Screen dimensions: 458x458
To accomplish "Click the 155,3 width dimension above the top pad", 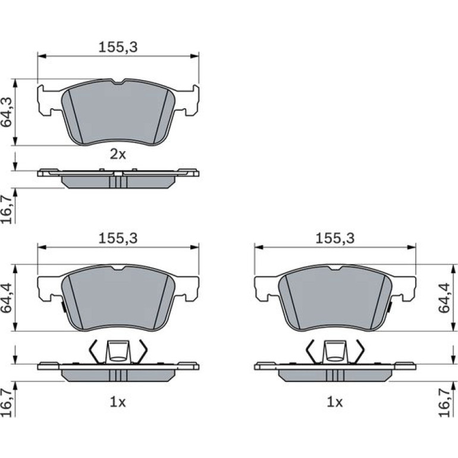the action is pyautogui.click(x=118, y=47).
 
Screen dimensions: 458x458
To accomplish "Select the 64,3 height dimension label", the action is pyautogui.click(x=7, y=112).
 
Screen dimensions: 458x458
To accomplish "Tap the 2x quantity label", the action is pyautogui.click(x=118, y=154).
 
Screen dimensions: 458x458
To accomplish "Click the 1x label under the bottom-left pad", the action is pyautogui.click(x=118, y=402).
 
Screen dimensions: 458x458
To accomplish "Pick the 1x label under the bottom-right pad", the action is pyautogui.click(x=335, y=402).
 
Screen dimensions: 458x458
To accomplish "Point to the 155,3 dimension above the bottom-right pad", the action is pyautogui.click(x=335, y=239).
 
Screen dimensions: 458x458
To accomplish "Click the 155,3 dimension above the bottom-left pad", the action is pyautogui.click(x=118, y=239).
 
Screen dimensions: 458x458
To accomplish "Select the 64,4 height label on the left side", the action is pyautogui.click(x=7, y=298).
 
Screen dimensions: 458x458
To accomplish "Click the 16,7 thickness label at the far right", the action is pyautogui.click(x=444, y=403).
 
